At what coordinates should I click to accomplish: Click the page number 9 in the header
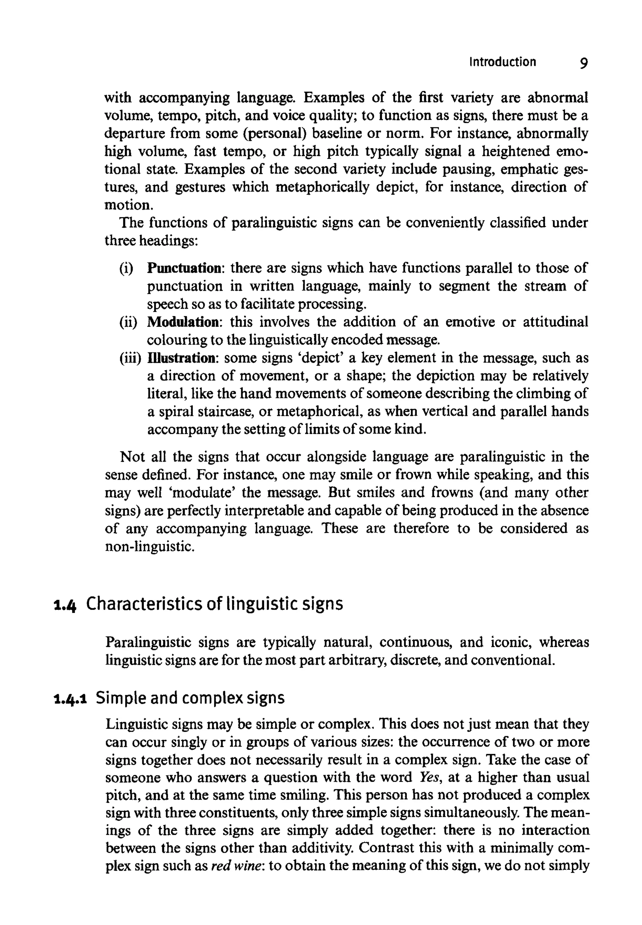point(584,63)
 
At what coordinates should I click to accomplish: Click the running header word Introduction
point(503,62)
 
